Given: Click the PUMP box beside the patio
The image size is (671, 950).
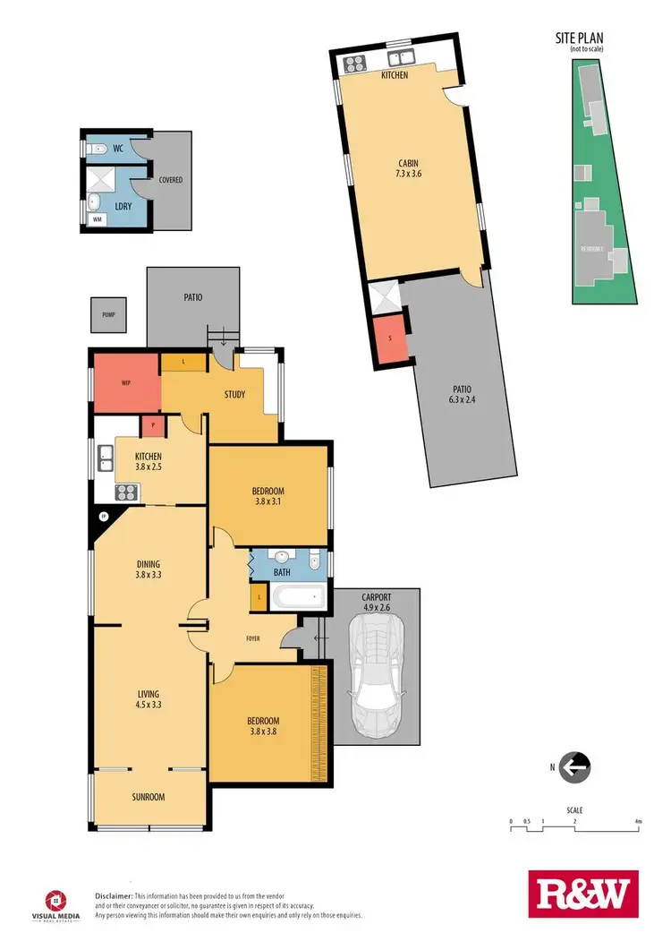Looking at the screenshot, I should [108, 315].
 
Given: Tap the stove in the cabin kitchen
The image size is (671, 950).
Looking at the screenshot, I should [352, 63].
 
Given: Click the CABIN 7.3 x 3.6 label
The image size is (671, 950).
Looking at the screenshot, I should [409, 169].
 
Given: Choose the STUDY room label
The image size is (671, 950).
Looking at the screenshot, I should [234, 395].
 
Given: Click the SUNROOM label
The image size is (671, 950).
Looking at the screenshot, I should [149, 797].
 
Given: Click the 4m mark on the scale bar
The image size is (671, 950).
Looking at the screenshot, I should [637, 821].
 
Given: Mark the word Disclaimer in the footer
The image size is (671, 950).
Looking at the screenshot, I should [114, 895].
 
